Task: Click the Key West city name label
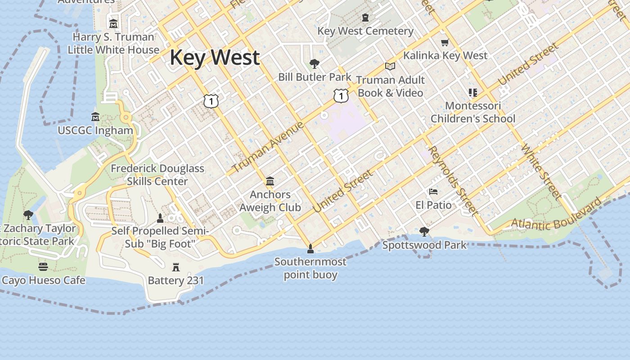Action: click(x=215, y=58)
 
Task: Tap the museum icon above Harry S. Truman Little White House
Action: click(x=113, y=23)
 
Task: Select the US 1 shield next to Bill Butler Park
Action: click(x=341, y=95)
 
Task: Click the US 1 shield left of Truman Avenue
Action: click(x=211, y=101)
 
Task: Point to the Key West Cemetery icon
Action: click(x=365, y=18)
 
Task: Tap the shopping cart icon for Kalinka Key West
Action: click(x=445, y=43)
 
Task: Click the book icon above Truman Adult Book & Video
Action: click(x=390, y=67)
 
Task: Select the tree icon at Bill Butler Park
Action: click(x=315, y=64)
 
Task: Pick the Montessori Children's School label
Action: click(x=473, y=112)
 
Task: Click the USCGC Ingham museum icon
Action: click(x=95, y=117)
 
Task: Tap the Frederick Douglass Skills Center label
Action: click(x=157, y=175)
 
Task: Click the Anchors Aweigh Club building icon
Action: click(x=270, y=181)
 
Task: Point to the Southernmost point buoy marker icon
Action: click(x=310, y=248)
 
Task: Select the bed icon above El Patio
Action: click(x=433, y=192)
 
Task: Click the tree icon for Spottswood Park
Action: click(x=424, y=232)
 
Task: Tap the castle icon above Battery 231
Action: click(x=176, y=267)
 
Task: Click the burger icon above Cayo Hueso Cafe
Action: click(x=43, y=267)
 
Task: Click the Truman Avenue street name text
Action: click(x=268, y=148)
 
